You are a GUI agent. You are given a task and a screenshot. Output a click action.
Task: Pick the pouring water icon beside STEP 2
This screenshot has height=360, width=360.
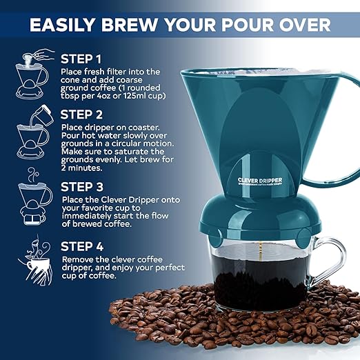tap(32, 131)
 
